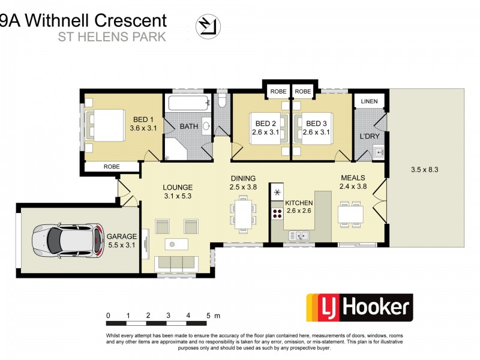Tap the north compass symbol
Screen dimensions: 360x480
pyautogui.click(x=205, y=25)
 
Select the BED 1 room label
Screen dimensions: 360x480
pyautogui.click(x=142, y=119)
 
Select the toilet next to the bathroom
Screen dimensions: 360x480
pyautogui.click(x=222, y=100)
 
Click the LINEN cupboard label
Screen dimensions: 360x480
pyautogui.click(x=370, y=101)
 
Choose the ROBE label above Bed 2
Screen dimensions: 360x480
pyautogui.click(x=278, y=92)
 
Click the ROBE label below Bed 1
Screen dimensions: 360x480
pyautogui.click(x=112, y=167)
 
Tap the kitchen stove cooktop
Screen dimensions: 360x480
pyautogui.click(x=277, y=212)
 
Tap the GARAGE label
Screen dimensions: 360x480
pyautogui.click(x=122, y=236)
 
